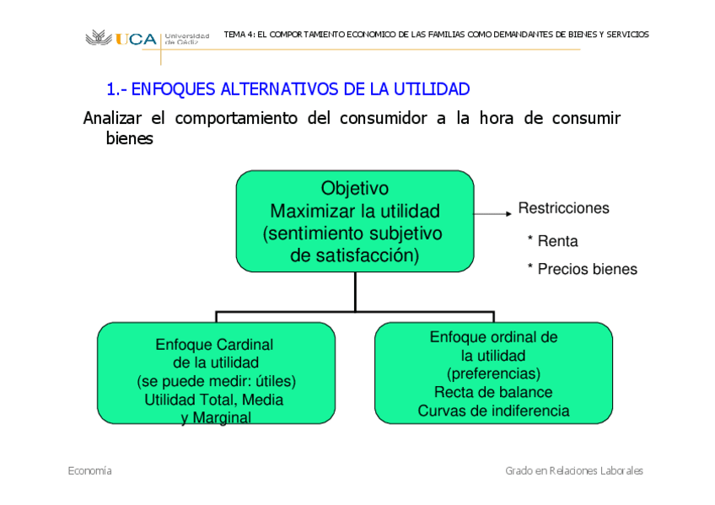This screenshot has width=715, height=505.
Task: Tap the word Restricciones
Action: [x=563, y=208]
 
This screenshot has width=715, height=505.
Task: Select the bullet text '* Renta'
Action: [x=552, y=241]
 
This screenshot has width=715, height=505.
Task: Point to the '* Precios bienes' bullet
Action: [x=582, y=270]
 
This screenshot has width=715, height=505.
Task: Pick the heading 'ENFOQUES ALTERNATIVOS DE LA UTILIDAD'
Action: [x=288, y=89]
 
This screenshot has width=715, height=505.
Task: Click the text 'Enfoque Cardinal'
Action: [x=214, y=345]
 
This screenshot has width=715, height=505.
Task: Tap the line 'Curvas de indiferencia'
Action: [x=493, y=411]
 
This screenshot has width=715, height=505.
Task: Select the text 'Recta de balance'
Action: [x=493, y=392]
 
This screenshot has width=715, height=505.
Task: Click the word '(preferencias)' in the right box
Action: [x=493, y=373]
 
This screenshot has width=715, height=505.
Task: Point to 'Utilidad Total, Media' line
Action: [x=214, y=400]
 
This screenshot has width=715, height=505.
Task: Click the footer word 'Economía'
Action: [x=89, y=470]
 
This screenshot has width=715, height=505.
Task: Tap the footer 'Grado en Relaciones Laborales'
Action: [x=574, y=470]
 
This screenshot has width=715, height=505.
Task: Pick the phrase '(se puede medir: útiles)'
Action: [x=216, y=381]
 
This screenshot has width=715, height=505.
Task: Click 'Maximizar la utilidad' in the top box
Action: [x=355, y=210]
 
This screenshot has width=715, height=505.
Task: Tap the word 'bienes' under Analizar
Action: [x=129, y=139]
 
